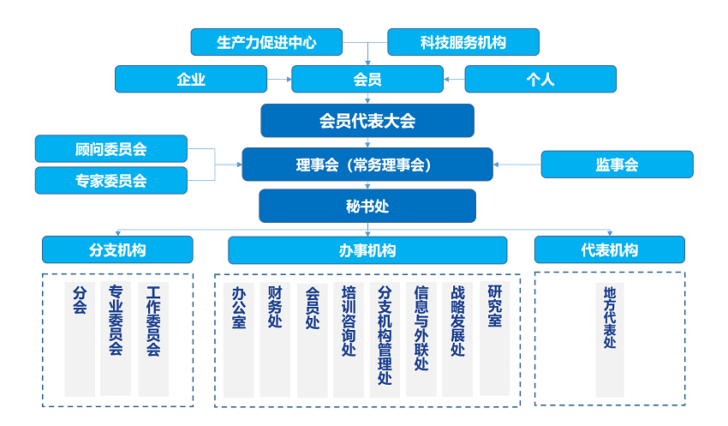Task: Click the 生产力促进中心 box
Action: point(266,42)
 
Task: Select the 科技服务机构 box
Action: point(463,42)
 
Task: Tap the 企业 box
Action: point(191,79)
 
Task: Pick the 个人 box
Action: point(540,79)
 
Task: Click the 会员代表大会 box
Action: point(367,121)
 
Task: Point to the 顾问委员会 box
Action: point(111,148)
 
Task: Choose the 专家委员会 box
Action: point(111,180)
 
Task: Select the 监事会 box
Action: point(617,165)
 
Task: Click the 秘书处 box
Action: point(367,206)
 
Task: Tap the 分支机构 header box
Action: point(117,250)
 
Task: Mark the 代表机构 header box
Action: point(610,250)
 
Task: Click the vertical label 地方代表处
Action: point(610,317)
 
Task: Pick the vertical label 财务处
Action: point(275,307)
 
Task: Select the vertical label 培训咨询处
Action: point(349,321)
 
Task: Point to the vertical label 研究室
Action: point(494,306)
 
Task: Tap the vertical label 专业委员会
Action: point(116,320)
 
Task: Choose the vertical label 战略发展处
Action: point(458,321)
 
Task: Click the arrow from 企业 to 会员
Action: point(279,79)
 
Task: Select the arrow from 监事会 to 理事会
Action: point(517,165)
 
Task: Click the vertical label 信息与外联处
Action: point(421,328)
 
